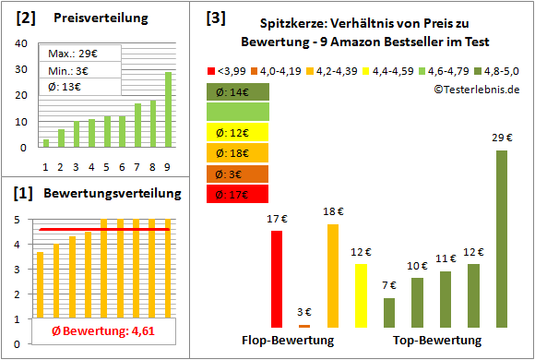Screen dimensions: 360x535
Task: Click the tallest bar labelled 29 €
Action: coord(501,239)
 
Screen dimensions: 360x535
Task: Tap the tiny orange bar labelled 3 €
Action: coord(304,326)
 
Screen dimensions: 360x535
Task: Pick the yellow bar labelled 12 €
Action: coord(361,295)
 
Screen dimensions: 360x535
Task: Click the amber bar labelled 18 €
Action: coord(333,276)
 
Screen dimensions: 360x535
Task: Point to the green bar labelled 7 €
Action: coord(389,313)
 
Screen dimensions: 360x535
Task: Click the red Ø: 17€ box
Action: coord(238,194)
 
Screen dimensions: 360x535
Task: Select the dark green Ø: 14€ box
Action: coord(238,91)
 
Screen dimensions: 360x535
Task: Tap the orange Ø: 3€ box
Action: coord(238,174)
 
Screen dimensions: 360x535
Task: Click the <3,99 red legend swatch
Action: coord(212,70)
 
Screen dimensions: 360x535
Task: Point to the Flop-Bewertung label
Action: coord(287,340)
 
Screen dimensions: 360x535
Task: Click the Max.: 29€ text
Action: coord(69,54)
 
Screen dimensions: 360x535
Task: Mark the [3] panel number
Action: coord(214,18)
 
